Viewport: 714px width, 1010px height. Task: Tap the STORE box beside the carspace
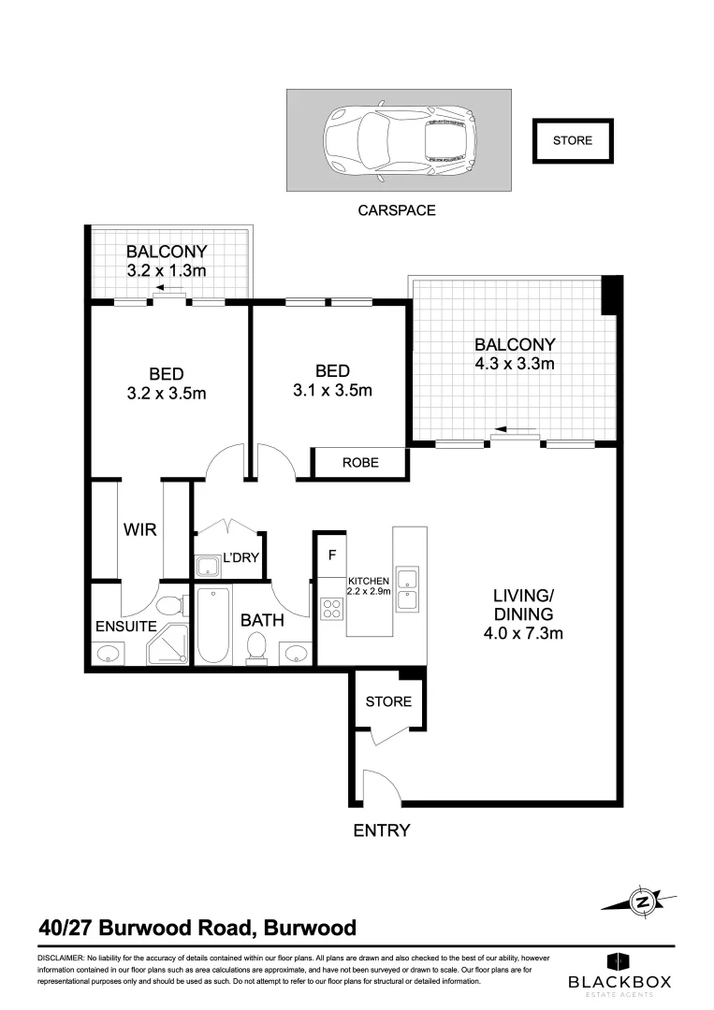point(572,141)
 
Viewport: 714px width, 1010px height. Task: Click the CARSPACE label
point(397,210)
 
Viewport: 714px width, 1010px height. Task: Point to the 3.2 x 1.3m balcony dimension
point(167,270)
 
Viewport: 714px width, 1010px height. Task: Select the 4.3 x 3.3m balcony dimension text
point(514,363)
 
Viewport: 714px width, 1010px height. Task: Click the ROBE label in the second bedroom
point(360,462)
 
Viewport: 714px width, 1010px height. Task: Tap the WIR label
point(140,529)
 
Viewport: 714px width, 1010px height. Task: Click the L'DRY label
point(240,558)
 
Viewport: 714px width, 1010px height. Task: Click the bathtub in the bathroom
point(214,625)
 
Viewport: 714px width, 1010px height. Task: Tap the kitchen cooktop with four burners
point(332,610)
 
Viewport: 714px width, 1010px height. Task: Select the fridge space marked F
point(330,555)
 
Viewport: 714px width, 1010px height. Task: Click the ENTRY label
point(381,830)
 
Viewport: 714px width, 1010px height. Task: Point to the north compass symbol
point(642,902)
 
